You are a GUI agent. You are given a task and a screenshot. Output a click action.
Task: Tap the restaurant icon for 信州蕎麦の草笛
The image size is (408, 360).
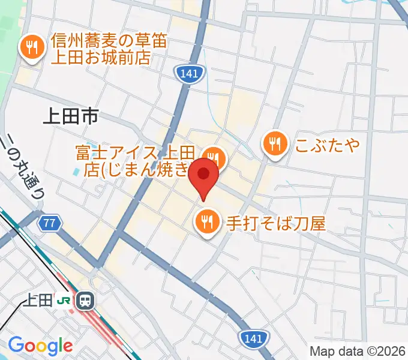(x=31, y=47)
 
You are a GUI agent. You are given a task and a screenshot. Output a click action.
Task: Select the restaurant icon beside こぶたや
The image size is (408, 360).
(x=275, y=145)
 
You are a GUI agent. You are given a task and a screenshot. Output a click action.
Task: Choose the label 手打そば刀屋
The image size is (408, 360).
(x=275, y=224)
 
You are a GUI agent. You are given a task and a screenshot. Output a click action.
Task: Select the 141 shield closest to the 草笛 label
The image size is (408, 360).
(x=190, y=74)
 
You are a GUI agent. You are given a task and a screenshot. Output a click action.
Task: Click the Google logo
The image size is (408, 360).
(x=40, y=346)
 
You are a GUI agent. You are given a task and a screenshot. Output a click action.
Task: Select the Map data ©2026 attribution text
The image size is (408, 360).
(x=358, y=352)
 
